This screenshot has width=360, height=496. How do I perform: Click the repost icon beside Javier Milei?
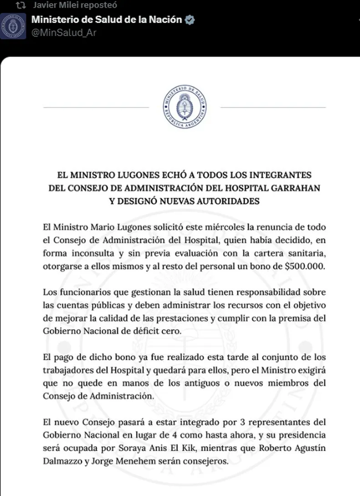[x=21, y=5]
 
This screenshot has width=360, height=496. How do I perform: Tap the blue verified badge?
[x=190, y=20]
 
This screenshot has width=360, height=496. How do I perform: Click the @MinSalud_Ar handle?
[x=63, y=32]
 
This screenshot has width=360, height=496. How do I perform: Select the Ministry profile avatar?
[x=13, y=26]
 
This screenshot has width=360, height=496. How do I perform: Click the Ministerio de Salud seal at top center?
[x=185, y=107]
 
